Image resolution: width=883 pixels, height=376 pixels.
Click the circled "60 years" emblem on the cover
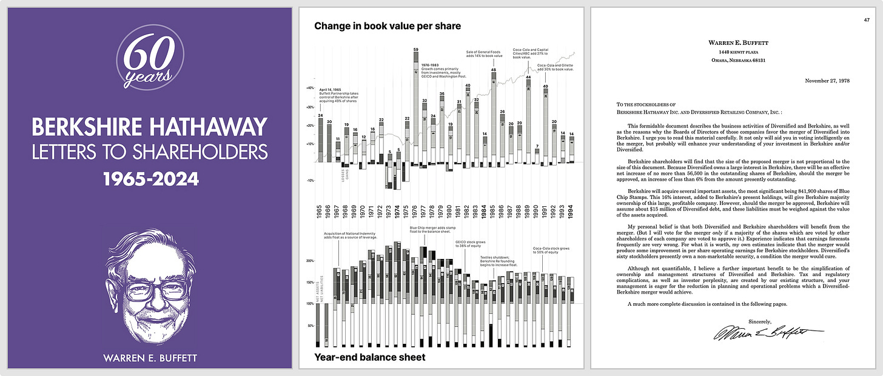[x=149, y=61]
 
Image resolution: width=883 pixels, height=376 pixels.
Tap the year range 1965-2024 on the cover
[x=149, y=180]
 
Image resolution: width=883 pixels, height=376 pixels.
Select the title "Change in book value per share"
[x=388, y=26]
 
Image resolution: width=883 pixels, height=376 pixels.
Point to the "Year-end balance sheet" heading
[x=370, y=357]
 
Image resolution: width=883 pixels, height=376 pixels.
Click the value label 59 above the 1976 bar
[x=416, y=49]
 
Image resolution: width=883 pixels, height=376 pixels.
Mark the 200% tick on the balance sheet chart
[x=309, y=261]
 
